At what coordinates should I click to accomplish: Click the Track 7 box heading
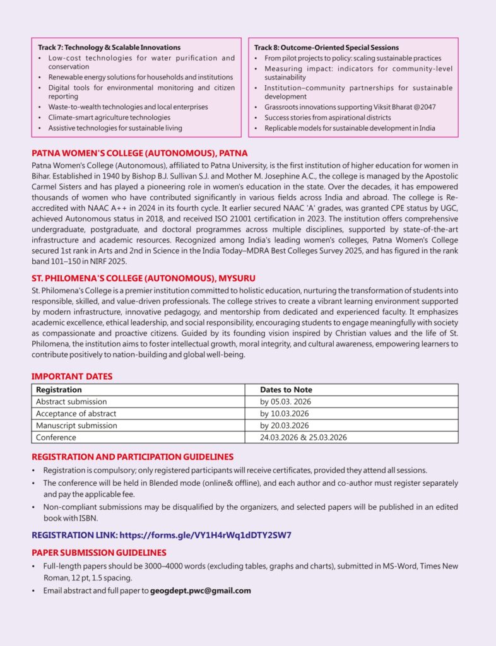109,47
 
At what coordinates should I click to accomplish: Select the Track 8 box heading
326,47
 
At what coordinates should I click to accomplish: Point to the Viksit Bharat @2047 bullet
350,107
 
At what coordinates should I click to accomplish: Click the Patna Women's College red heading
139,153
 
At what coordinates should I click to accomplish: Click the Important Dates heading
72,377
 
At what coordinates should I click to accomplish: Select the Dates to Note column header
286,390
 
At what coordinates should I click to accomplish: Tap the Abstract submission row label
71,402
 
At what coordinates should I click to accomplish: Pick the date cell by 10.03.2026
284,414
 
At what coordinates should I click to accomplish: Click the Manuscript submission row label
76,426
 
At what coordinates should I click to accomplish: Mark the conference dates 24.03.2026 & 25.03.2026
304,437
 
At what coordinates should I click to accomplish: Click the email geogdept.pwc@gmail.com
201,591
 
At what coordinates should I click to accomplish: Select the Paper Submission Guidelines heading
99,552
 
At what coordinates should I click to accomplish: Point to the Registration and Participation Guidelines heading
133,457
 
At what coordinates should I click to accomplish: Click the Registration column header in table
59,390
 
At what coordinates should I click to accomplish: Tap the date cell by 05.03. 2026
285,402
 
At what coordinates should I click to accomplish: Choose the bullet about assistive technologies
115,128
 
